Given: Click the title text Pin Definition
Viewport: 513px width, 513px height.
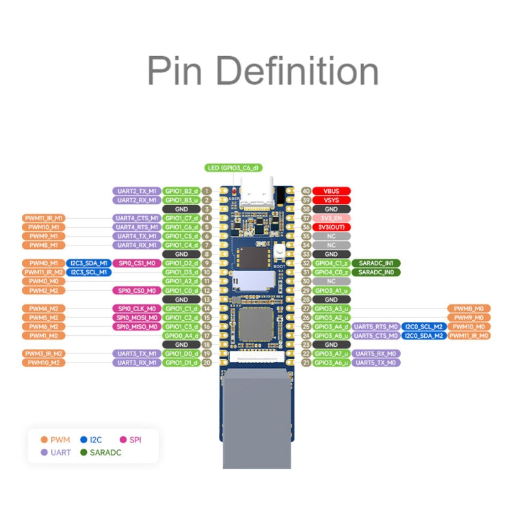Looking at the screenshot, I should point(263,71).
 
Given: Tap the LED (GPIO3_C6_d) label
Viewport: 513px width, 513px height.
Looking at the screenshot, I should point(233,168).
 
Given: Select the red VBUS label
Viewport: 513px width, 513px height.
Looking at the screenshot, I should point(332,191).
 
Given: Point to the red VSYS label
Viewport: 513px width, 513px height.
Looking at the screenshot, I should point(332,200).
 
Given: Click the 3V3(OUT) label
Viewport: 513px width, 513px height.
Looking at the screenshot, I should point(332,227).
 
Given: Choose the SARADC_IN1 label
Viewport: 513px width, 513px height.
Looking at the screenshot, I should point(376,263).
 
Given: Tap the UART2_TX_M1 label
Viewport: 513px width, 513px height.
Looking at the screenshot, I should point(136,191).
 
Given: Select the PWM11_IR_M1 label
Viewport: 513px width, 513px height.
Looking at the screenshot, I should point(44,218).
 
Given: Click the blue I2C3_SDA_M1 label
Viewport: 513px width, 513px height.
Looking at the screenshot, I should point(89,263).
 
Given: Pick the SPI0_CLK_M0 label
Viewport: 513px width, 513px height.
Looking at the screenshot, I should point(136,308).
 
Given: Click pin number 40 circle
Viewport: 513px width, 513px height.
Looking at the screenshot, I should point(306,191).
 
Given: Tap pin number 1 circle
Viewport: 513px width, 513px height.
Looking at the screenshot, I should point(207,191).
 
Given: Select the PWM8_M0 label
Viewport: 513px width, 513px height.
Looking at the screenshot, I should point(469,308).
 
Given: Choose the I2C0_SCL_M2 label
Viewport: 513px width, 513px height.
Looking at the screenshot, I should point(423,326).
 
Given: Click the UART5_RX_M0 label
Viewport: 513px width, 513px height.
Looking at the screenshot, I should point(376,354).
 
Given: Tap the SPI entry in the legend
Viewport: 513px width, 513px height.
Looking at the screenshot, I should point(130,439).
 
